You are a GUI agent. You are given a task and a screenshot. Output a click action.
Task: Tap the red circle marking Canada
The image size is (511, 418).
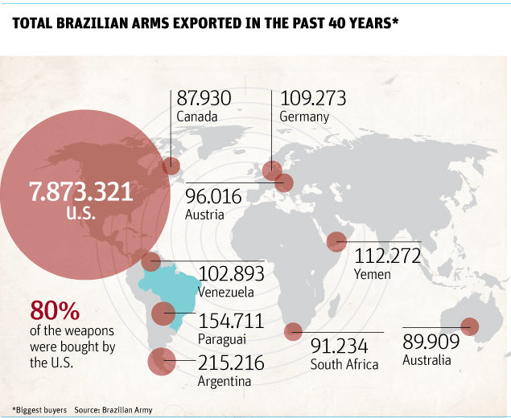click(171, 166)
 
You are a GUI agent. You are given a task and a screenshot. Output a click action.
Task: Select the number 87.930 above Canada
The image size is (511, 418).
click(204, 98)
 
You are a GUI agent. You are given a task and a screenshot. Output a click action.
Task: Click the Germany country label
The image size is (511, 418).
click(304, 117)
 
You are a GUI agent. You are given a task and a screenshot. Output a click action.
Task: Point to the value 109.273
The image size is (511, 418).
click(312, 98)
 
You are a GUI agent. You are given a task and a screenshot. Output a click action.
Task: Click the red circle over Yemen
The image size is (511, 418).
click(336, 240)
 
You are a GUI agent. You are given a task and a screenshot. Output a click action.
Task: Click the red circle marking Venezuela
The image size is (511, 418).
click(150, 260)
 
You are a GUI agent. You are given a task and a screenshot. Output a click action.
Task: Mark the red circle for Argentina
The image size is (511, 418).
click(161, 363)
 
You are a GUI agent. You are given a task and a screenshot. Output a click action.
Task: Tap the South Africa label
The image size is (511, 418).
click(344, 364)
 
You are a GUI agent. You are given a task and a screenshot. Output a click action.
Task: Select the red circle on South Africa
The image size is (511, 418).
click(294, 330)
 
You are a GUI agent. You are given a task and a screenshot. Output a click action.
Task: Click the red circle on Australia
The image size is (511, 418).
click(469, 326)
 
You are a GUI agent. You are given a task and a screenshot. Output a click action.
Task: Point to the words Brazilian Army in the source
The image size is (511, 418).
click(130, 410)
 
